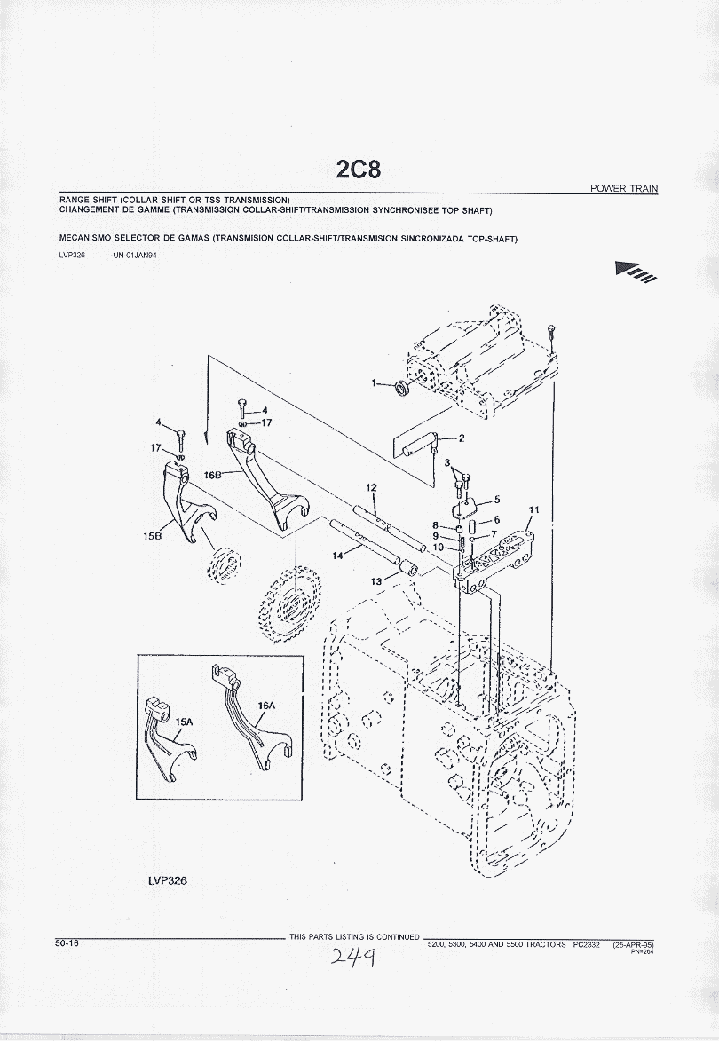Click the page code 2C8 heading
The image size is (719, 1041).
click(359, 169)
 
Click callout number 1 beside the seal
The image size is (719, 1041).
click(375, 382)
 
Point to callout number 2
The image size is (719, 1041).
click(462, 438)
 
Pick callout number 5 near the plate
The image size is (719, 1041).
click(497, 499)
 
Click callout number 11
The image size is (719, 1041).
click(533, 509)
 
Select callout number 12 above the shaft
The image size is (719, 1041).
click(371, 487)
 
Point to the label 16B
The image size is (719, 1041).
click(213, 475)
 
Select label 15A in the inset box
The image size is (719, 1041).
click(183, 722)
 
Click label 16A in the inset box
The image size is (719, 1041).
click(266, 706)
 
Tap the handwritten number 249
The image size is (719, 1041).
click(351, 957)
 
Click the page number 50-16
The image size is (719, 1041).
click(67, 942)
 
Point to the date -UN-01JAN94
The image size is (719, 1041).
click(134, 256)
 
